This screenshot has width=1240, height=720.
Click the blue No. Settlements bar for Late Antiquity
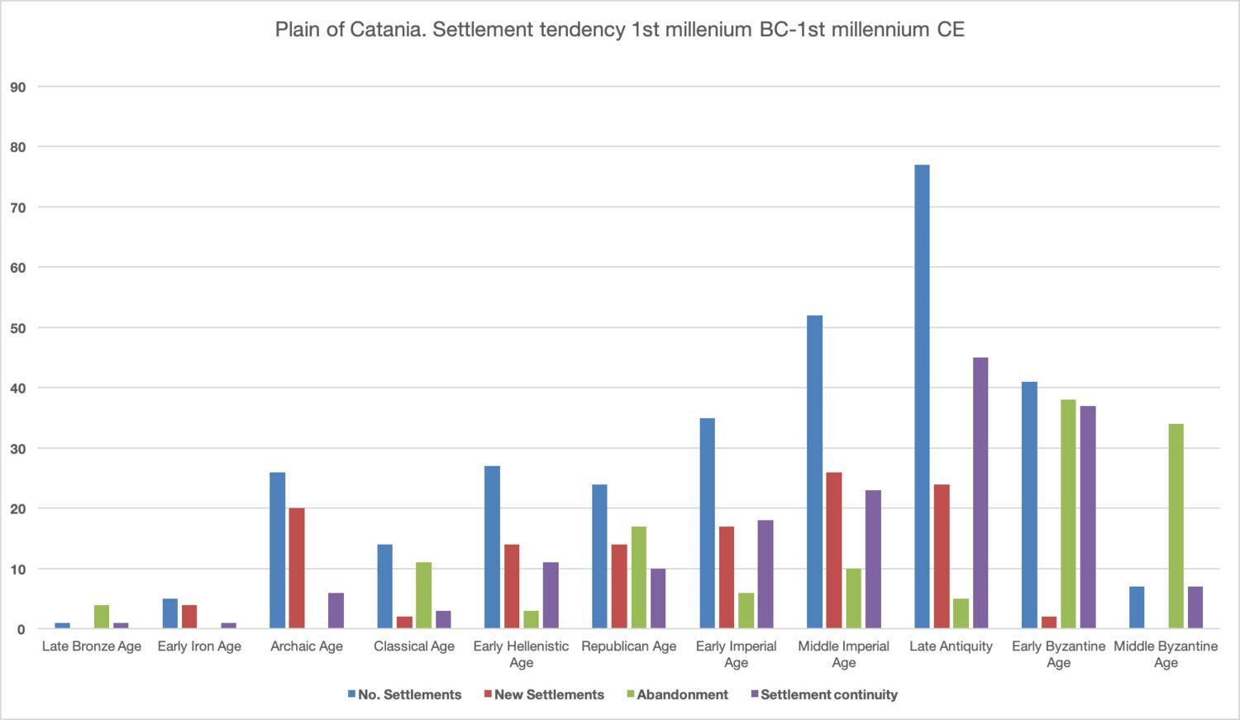point(922,397)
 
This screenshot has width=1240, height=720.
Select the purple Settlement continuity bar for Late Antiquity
point(980,494)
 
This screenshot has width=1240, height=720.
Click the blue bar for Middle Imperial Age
point(814,472)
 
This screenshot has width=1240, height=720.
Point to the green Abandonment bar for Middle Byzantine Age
point(1176,527)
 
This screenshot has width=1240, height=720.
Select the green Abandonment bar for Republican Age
point(638,578)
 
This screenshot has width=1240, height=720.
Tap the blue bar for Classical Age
point(384,587)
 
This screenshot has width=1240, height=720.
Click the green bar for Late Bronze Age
point(102,617)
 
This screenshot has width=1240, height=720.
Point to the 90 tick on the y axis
point(18,87)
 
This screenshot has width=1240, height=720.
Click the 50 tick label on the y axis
point(18,328)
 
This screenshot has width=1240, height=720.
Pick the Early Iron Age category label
point(199,646)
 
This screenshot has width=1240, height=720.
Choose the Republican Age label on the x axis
point(628,646)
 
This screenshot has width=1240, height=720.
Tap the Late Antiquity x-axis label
point(951,646)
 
